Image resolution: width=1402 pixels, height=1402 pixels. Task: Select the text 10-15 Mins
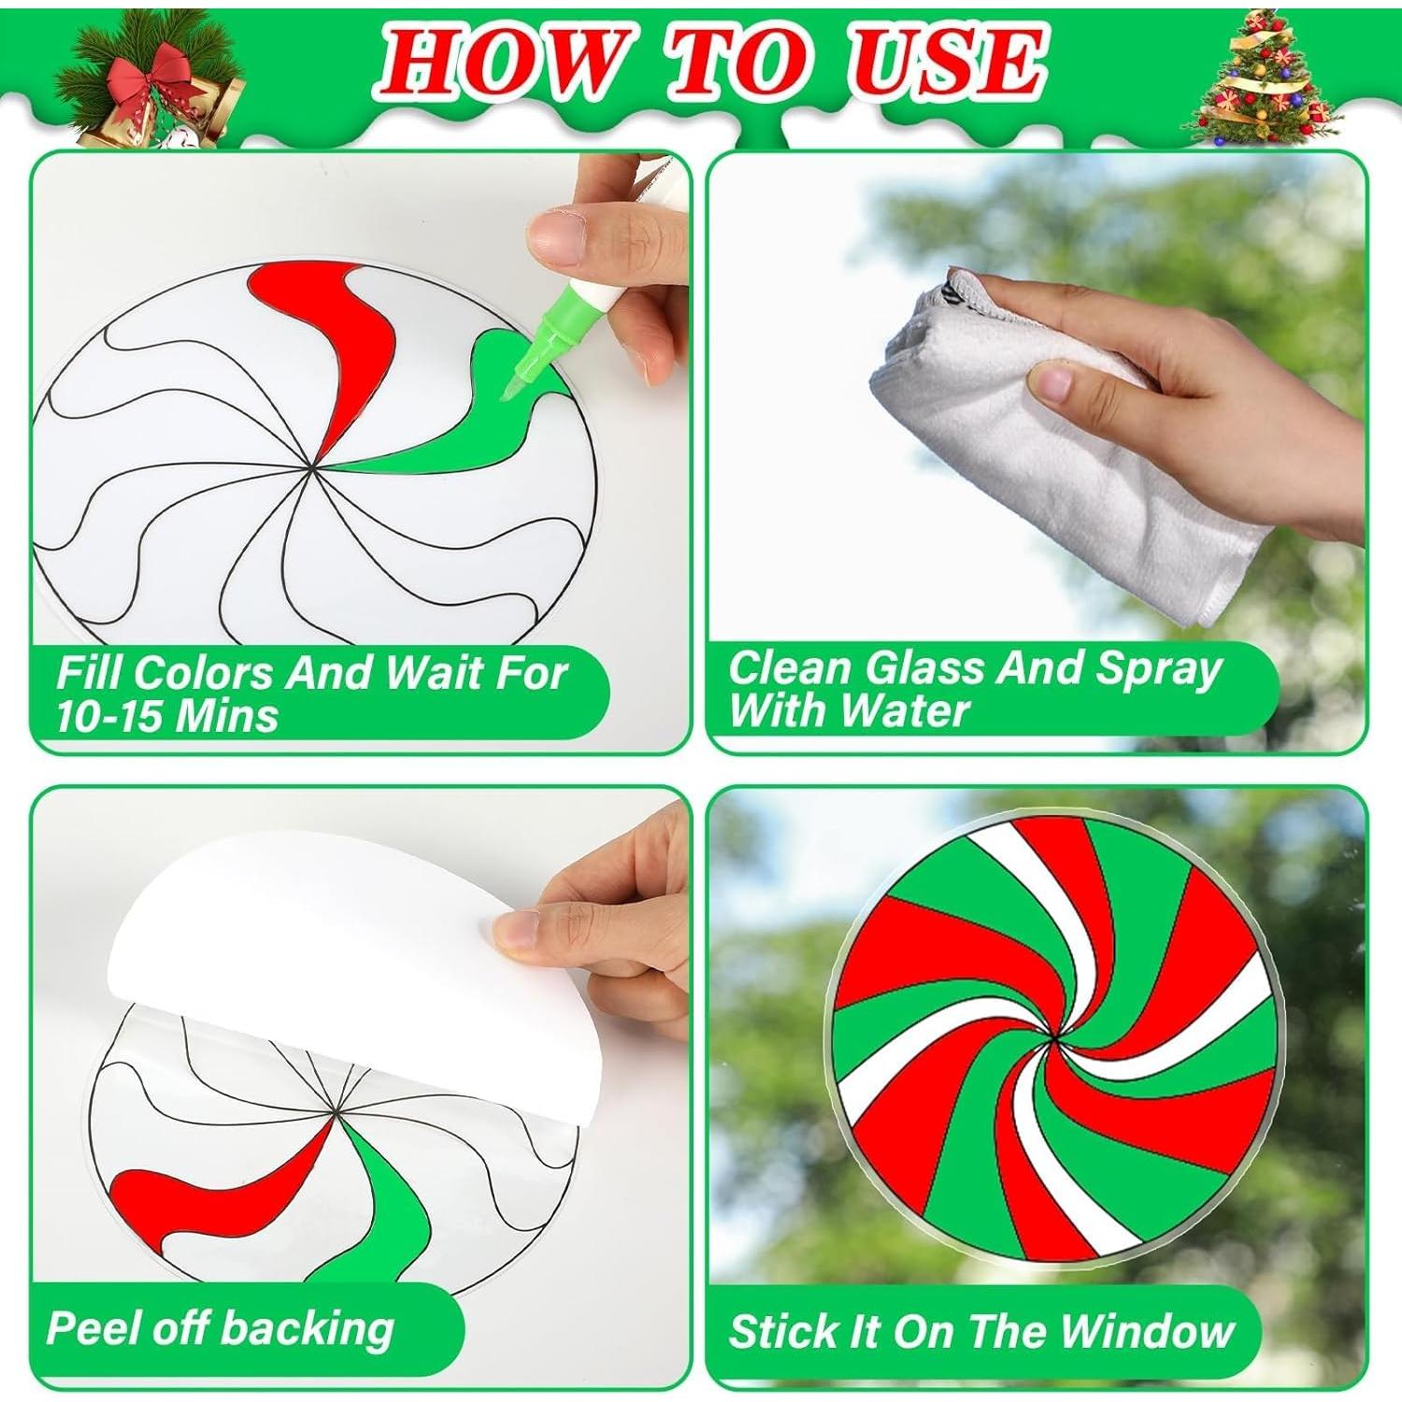[x=166, y=716]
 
